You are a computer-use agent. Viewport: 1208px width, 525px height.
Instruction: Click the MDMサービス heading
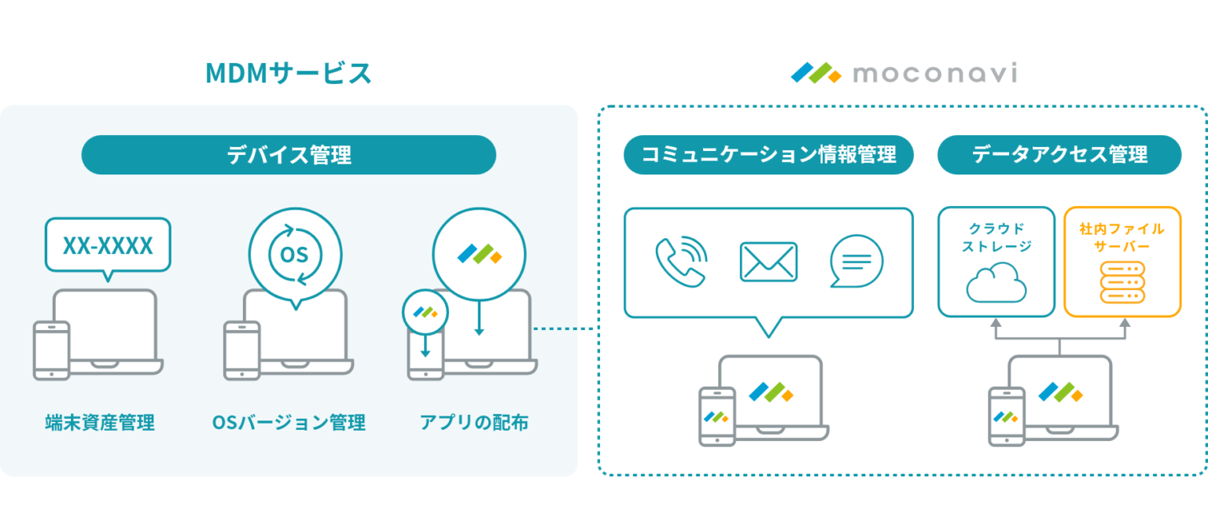pyautogui.click(x=288, y=74)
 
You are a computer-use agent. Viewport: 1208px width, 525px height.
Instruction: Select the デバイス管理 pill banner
pyautogui.click(x=289, y=155)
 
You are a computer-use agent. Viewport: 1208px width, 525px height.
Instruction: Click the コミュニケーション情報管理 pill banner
pyautogui.click(x=768, y=155)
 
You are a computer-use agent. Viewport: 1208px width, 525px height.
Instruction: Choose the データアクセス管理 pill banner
pyautogui.click(x=1059, y=155)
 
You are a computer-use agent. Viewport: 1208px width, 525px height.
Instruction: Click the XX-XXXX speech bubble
pyautogui.click(x=108, y=246)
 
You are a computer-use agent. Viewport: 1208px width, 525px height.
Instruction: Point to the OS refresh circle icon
pyautogui.click(x=296, y=254)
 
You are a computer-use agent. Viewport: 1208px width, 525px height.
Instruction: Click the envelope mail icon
pyautogui.click(x=768, y=262)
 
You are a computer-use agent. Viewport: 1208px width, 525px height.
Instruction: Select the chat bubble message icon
pyautogui.click(x=856, y=262)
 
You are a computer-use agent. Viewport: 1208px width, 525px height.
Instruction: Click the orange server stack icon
pyautogui.click(x=1122, y=283)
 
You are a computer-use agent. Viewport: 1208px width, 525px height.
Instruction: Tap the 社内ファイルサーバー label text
pyautogui.click(x=1122, y=238)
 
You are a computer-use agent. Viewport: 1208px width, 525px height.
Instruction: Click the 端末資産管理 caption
pyautogui.click(x=100, y=423)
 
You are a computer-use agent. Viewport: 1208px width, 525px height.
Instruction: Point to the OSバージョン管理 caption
pyautogui.click(x=289, y=423)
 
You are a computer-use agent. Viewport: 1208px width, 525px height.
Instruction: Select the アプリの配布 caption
pyautogui.click(x=473, y=423)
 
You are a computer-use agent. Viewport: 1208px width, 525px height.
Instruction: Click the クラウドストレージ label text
pyautogui.click(x=996, y=238)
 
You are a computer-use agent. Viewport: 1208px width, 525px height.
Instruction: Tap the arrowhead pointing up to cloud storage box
pyautogui.click(x=996, y=322)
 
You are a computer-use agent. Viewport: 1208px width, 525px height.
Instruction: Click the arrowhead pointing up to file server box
pyautogui.click(x=1124, y=322)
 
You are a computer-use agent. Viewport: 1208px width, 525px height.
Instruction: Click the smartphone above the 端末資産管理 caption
pyautogui.click(x=51, y=351)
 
